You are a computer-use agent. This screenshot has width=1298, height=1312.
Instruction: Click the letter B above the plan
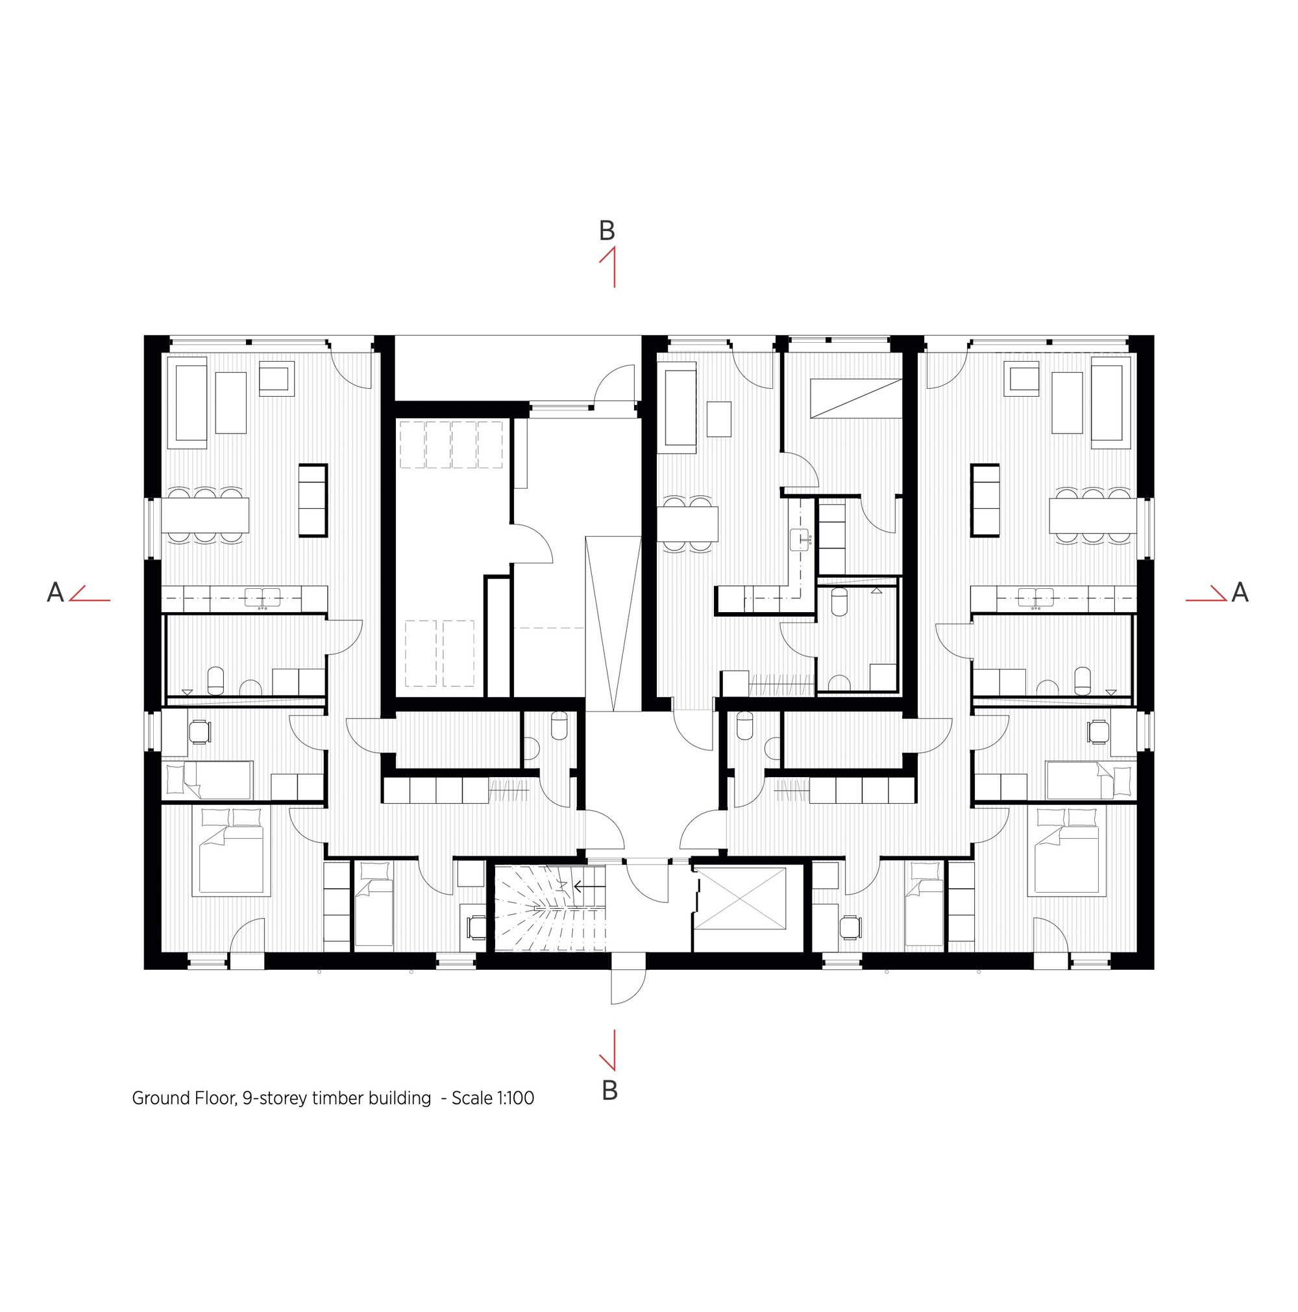pyautogui.click(x=606, y=231)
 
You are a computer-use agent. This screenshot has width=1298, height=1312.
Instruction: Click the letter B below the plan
pyautogui.click(x=609, y=1090)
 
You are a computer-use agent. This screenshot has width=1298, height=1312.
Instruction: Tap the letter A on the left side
pyautogui.click(x=55, y=592)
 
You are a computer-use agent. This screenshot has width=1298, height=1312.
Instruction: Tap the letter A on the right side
pyautogui.click(x=1240, y=592)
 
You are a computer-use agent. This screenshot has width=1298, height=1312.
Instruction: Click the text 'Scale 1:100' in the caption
pyautogui.click(x=492, y=1098)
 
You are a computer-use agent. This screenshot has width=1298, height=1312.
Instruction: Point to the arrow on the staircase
pyautogui.click(x=589, y=886)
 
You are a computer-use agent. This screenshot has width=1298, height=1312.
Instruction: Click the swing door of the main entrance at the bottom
pyautogui.click(x=628, y=984)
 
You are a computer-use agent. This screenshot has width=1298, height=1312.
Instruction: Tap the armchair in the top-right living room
pyautogui.click(x=1023, y=378)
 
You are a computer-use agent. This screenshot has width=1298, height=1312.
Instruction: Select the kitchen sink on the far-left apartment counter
pyautogui.click(x=262, y=598)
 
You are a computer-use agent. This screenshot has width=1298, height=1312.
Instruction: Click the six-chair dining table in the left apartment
pyautogui.click(x=205, y=515)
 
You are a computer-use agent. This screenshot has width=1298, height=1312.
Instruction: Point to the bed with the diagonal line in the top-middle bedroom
pyautogui.click(x=856, y=398)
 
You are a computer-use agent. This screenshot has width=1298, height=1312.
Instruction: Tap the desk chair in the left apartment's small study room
pyautogui.click(x=200, y=732)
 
